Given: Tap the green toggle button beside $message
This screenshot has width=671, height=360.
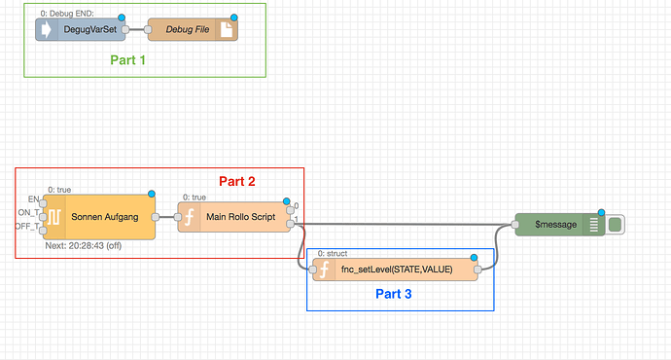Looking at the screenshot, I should pyautogui.click(x=615, y=225).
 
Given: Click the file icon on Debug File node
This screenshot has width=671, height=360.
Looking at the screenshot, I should pyautogui.click(x=225, y=30).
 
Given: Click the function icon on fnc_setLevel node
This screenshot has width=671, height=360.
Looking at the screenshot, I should pyautogui.click(x=322, y=270).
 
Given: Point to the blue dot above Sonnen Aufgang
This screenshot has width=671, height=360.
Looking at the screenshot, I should pyautogui.click(x=152, y=195).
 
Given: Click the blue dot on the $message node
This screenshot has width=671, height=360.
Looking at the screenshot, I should pyautogui.click(x=602, y=213).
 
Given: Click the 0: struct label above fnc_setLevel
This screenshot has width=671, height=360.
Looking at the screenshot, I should pyautogui.click(x=335, y=253).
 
